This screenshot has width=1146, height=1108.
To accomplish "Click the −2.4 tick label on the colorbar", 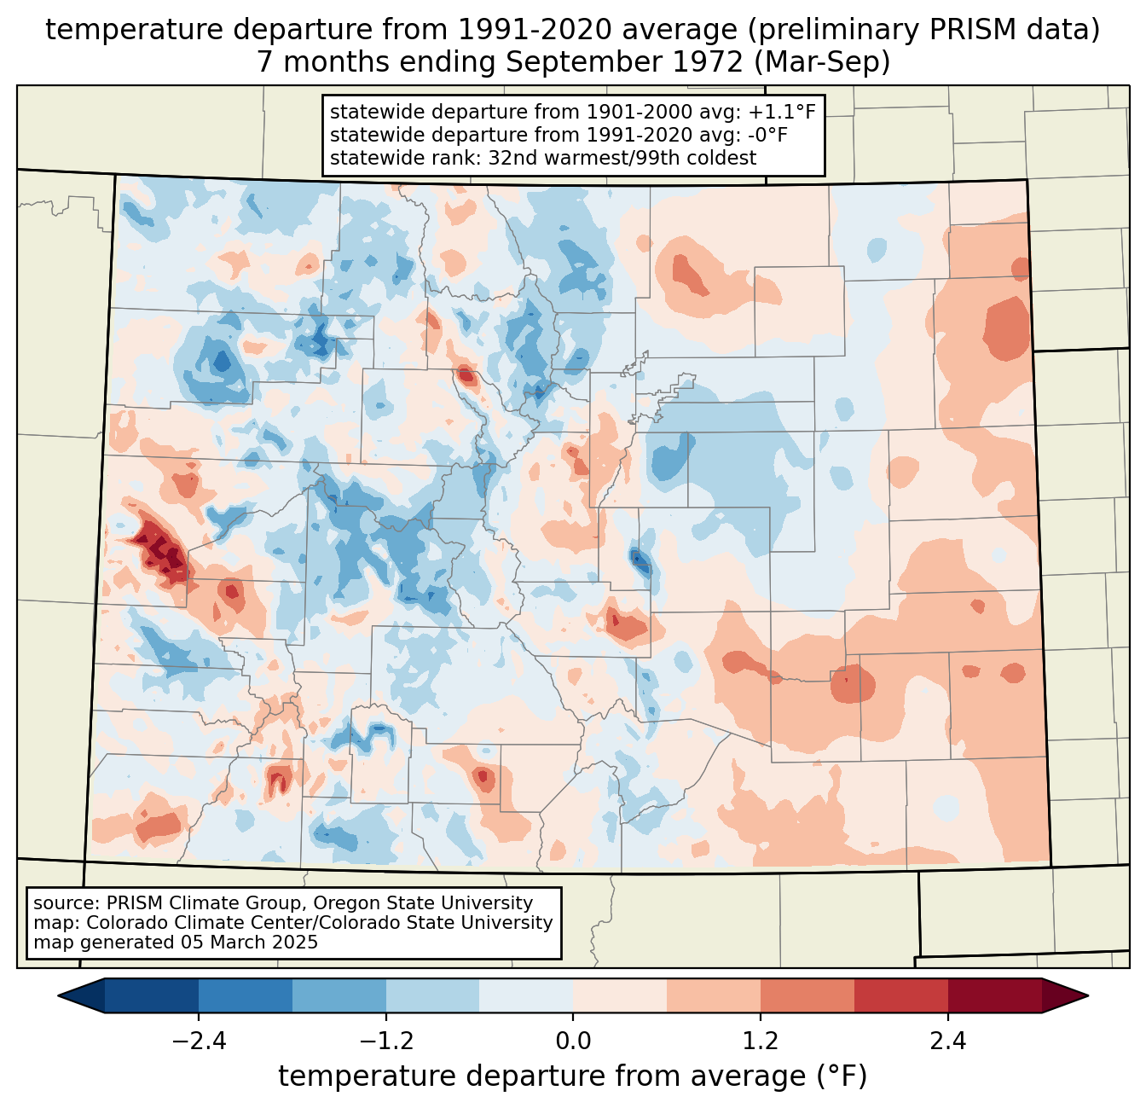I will coord(199,1041).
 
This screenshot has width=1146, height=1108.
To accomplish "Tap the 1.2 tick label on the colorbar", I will coord(761,1041).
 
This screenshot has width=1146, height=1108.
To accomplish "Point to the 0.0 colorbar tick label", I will coord(573,1041).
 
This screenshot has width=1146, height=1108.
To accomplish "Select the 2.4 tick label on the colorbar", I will coord(947,1041).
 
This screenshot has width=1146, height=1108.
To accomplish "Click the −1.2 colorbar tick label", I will coord(386,1041).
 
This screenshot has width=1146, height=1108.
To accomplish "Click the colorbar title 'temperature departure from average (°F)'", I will coord(573,1076).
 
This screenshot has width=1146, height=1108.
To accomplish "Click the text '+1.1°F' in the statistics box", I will coord(782,113).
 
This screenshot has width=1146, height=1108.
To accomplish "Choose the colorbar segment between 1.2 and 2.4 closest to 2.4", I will coord(900,995).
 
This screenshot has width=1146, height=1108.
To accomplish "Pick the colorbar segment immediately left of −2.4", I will coord(152,995).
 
